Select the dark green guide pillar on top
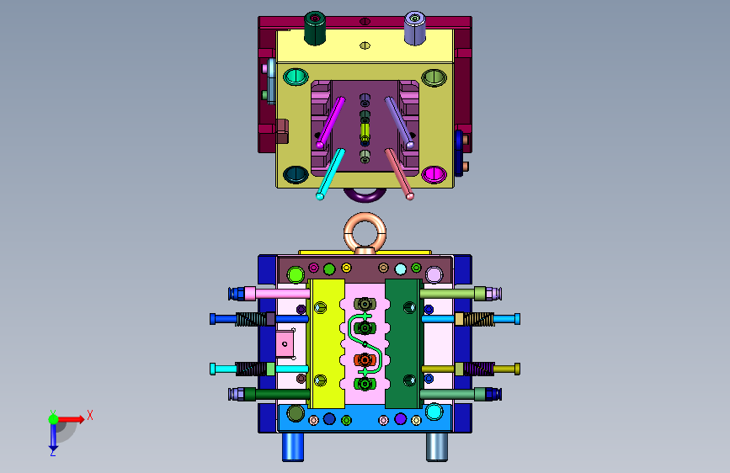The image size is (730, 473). point(315,28)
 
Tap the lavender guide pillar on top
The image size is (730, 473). point(415,28)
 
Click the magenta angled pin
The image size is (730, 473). point(331,122)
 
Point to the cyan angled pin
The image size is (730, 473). point(331,173)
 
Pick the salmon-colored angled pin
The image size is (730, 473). point(399,173)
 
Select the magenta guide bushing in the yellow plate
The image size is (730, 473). point(434,174)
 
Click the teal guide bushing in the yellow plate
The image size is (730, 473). point(296,77)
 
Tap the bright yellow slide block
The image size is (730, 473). point(328,343)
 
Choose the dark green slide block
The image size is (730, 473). point(403,343)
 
